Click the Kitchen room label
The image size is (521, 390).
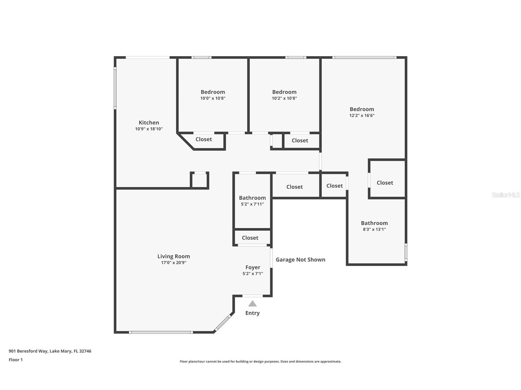tap(149, 123)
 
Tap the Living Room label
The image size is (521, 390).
tap(174, 256)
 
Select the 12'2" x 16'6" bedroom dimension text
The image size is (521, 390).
tap(362, 116)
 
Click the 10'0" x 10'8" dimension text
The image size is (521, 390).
tap(213, 98)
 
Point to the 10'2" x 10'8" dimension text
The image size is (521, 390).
tap(284, 98)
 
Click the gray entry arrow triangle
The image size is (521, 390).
tap(252, 304)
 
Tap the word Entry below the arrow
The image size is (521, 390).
tap(252, 313)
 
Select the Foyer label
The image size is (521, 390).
tap(253, 267)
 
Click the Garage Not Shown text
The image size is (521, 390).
tap(301, 260)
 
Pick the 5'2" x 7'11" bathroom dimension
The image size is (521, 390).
tap(252, 204)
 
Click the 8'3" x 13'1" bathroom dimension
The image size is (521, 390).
tap(374, 229)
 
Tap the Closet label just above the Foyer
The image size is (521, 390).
tap(250, 238)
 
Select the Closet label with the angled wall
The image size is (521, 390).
tap(204, 139)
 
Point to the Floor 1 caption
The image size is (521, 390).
tap(16, 360)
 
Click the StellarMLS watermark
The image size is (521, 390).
tap(506, 195)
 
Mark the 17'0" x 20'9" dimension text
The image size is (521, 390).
tap(174, 263)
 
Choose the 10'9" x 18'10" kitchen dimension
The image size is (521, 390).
tap(149, 129)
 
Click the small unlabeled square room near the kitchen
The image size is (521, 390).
tap(200, 180)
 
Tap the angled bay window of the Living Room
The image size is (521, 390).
tap(222, 323)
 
